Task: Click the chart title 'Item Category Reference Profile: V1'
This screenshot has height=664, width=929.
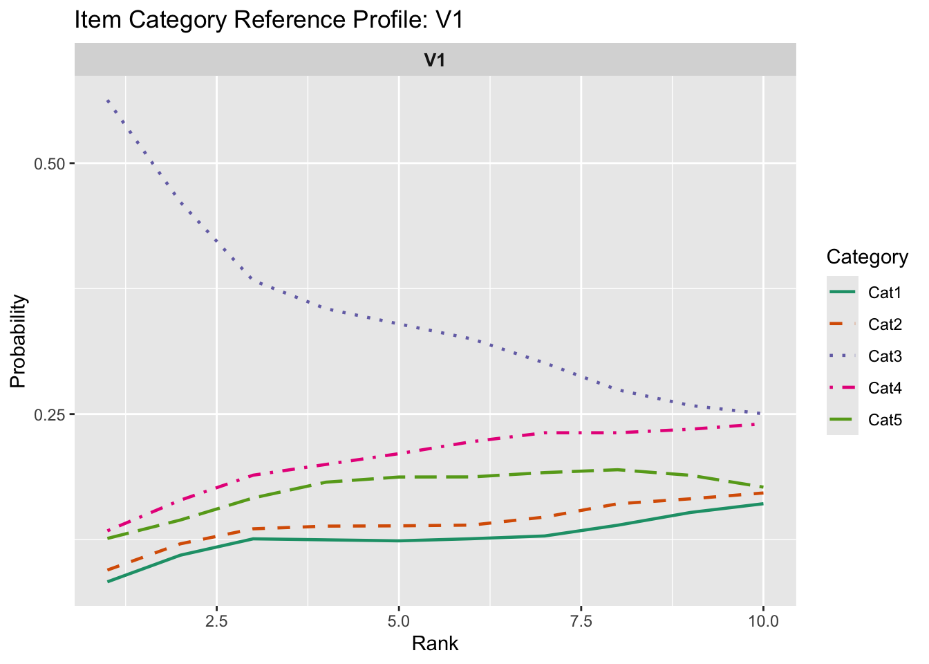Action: (268, 20)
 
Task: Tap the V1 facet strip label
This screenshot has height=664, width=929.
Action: (435, 60)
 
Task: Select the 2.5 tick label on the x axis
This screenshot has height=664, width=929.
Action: (217, 620)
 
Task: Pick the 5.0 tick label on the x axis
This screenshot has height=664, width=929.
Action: (399, 620)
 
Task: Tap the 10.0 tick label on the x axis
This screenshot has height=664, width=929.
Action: (763, 620)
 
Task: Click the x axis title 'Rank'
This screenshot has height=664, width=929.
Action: (435, 644)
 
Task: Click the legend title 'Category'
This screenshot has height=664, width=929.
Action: (867, 257)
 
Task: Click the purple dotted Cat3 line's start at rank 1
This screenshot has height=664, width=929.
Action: (108, 101)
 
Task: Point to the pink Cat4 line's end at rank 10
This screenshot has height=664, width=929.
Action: (762, 424)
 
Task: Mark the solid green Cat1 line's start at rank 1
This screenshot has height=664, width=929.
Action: (108, 582)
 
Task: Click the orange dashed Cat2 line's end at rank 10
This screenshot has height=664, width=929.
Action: (762, 492)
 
